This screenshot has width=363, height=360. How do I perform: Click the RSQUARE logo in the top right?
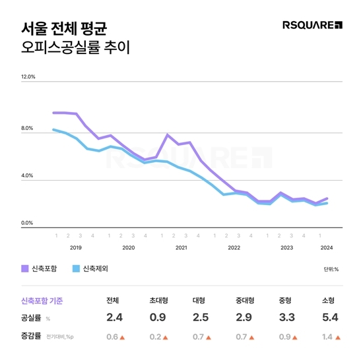312,26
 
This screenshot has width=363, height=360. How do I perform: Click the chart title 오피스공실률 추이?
72,47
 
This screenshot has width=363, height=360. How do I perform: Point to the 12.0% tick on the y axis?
28,77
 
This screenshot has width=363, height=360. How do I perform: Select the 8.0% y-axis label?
27,129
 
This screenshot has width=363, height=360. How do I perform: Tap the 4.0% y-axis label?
27,176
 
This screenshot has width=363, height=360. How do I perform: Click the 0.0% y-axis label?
27,223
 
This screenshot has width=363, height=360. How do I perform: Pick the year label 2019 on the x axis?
75,247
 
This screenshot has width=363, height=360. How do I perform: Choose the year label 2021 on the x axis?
181,247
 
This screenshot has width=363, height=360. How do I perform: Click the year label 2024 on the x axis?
326,247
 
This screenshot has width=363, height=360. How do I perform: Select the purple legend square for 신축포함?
25,268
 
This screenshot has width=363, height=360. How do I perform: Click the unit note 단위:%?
331,269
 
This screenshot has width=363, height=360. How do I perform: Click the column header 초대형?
158,301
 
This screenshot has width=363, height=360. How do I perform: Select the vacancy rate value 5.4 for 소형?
330,318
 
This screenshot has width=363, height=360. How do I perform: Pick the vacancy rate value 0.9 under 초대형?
158,318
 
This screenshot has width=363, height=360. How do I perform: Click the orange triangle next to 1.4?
339,338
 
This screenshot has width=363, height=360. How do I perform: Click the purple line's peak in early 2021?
168,135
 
